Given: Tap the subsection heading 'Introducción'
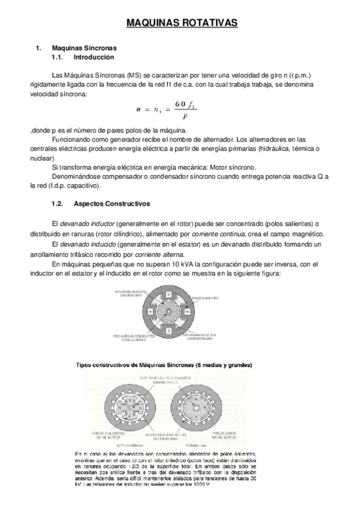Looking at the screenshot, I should (93, 57).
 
